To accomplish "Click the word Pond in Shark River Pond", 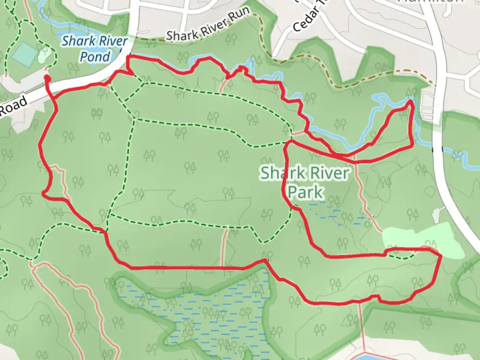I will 95,57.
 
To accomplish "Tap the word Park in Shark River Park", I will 305,192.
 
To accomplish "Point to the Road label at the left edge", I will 13,106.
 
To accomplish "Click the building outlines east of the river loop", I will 427,106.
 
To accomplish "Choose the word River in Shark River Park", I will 328,173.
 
